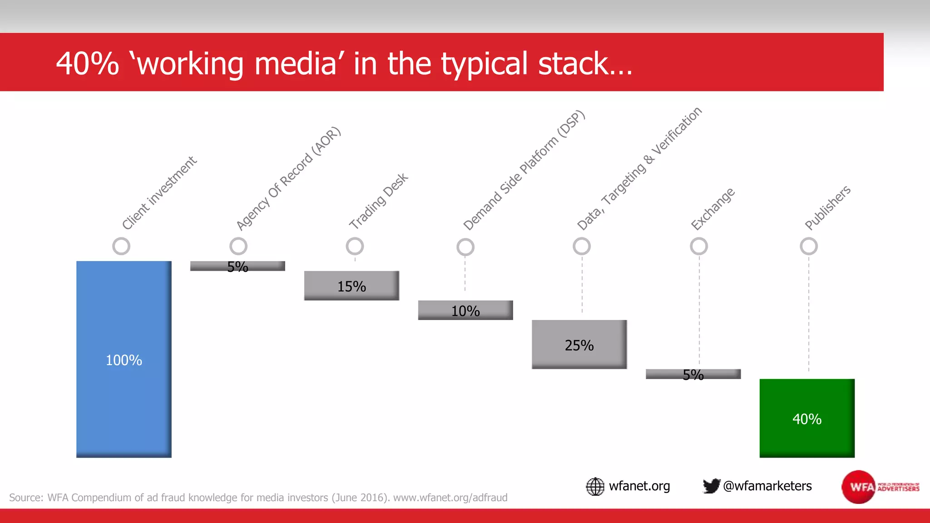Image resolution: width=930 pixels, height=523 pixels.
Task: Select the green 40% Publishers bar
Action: click(807, 418)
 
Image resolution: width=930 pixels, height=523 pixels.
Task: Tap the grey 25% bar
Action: click(579, 345)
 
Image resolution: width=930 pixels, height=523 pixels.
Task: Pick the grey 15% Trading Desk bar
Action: click(351, 286)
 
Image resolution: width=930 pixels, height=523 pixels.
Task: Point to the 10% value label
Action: click(465, 311)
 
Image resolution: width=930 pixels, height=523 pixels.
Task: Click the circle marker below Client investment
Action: click(121, 247)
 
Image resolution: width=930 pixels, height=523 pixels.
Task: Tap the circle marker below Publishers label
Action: click(809, 247)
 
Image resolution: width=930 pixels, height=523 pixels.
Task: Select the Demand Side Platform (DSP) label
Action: click(524, 171)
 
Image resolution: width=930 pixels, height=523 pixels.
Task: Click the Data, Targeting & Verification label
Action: click(639, 169)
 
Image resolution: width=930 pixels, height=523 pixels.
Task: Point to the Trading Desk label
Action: click(378, 201)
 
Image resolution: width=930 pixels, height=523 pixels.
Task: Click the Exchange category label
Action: click(712, 209)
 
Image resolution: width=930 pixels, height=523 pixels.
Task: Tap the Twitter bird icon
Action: click(711, 486)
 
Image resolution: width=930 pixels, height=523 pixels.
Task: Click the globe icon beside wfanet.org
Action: click(595, 486)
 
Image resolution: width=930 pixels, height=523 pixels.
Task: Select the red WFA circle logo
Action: click(858, 487)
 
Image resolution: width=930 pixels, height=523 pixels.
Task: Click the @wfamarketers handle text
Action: click(767, 486)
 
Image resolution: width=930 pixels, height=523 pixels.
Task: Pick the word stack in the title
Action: click(585, 64)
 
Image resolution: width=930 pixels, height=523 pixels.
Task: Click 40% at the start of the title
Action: click(87, 64)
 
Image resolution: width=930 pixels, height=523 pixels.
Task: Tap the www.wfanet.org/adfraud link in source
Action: click(450, 498)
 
